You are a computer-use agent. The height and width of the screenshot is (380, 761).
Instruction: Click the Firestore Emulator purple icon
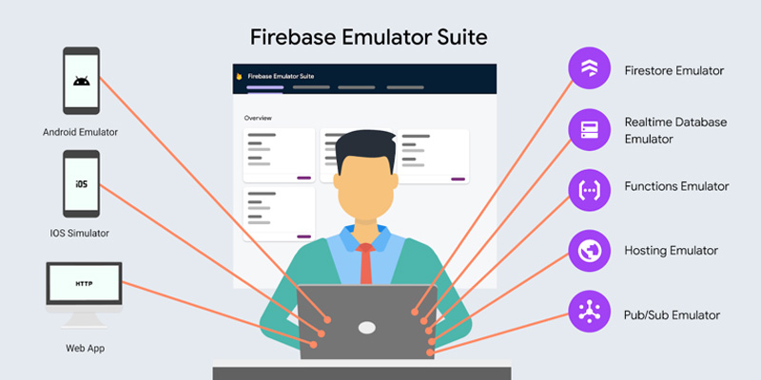[589, 67]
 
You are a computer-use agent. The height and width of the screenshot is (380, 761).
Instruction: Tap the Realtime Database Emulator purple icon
[589, 129]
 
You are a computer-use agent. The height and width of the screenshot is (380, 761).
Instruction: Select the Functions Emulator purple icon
[589, 190]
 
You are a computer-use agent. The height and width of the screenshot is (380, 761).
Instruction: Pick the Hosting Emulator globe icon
[589, 251]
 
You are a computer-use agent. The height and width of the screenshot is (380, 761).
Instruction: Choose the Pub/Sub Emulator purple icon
[589, 312]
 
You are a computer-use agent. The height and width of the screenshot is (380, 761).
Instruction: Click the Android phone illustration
[81, 81]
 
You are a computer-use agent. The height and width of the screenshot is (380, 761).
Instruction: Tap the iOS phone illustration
[81, 183]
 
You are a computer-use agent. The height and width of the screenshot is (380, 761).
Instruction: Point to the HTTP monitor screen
[84, 283]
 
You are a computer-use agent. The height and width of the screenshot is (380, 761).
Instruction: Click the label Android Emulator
[80, 132]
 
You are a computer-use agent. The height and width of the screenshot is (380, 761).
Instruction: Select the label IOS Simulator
[80, 233]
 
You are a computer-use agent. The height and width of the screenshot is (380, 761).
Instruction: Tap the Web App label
[85, 348]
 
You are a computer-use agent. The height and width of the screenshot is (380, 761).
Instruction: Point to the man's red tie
[365, 263]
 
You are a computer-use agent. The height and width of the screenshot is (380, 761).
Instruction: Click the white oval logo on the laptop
[367, 328]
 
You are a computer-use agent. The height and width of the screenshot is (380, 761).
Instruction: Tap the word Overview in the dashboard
[258, 118]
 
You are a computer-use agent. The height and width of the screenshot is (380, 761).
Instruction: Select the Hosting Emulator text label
[672, 251]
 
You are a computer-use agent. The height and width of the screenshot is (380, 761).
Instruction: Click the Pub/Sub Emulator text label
[672, 315]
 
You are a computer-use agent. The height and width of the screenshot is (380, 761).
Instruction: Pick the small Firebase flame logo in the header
[239, 76]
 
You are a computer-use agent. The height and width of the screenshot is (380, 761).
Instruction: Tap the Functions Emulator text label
[676, 186]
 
